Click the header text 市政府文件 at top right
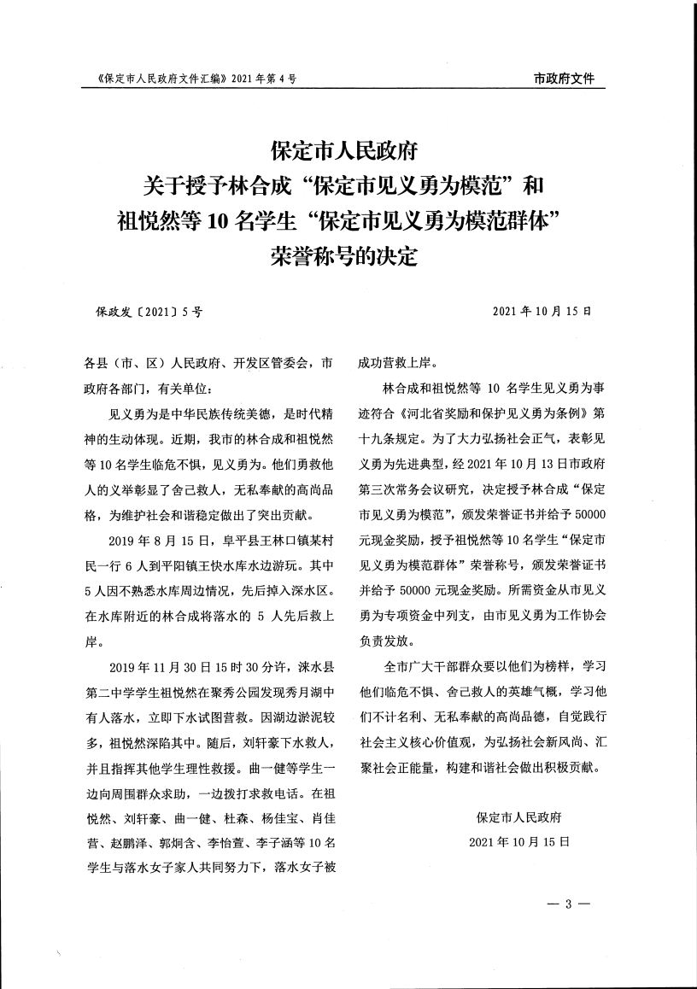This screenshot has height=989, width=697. coord(564,79)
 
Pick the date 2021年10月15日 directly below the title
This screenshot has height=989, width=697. coord(542,312)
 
